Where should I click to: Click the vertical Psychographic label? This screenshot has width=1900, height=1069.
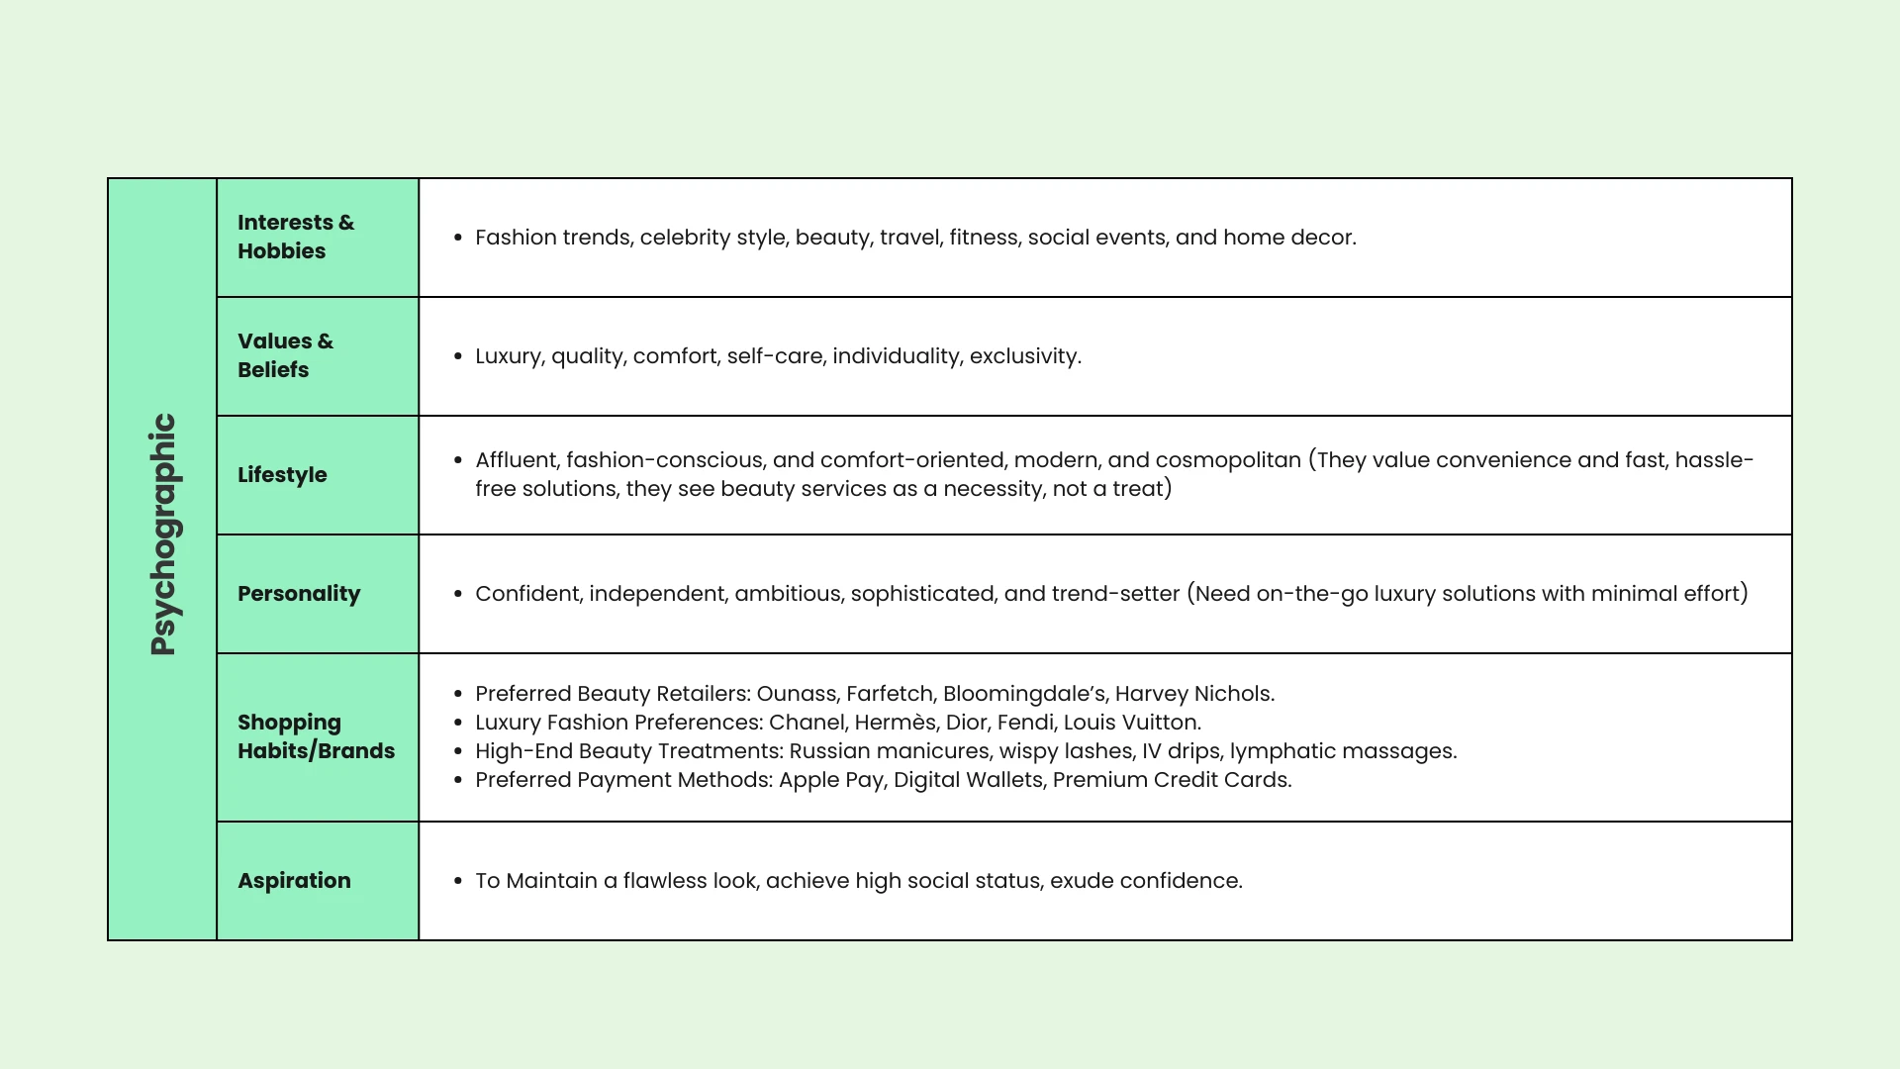[163, 534]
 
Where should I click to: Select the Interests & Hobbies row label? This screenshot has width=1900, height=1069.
[295, 237]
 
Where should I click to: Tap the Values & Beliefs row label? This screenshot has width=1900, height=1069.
[285, 355]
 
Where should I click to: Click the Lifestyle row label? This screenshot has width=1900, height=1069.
[282, 475]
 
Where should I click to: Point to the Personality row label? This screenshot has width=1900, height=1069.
[299, 594]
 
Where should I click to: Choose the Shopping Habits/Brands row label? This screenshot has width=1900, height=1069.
[316, 736]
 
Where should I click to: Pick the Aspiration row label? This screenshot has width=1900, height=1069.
[294, 881]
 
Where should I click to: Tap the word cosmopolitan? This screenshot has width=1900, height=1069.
[1228, 460]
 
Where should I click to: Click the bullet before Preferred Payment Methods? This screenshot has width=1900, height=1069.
[457, 781]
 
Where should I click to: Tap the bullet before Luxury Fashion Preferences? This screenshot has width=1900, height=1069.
[457, 724]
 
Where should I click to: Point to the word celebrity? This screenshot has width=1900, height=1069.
[685, 238]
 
